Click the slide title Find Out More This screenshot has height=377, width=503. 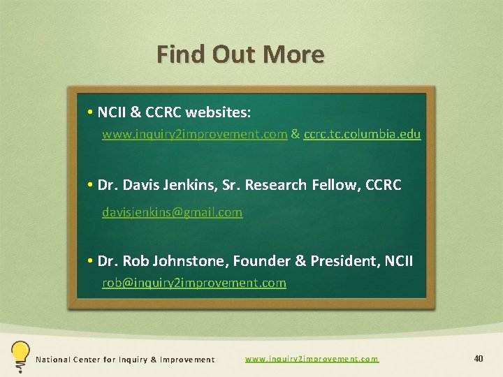coord(240,54)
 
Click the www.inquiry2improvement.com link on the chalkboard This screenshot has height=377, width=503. coord(194,134)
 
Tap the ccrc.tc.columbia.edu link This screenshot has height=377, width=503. coord(362,134)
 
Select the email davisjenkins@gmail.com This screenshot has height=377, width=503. coord(172,212)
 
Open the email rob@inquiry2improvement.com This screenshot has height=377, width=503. coord(194,283)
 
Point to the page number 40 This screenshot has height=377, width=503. coord(479,359)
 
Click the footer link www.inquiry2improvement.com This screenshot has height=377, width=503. coord(312,359)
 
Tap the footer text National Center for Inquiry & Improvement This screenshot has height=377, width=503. coord(125,360)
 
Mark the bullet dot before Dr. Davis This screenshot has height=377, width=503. coord(92,185)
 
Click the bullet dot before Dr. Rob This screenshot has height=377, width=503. coord(92,261)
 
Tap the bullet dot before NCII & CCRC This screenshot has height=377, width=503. coord(92,112)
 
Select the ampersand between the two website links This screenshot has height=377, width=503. coord(295,134)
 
